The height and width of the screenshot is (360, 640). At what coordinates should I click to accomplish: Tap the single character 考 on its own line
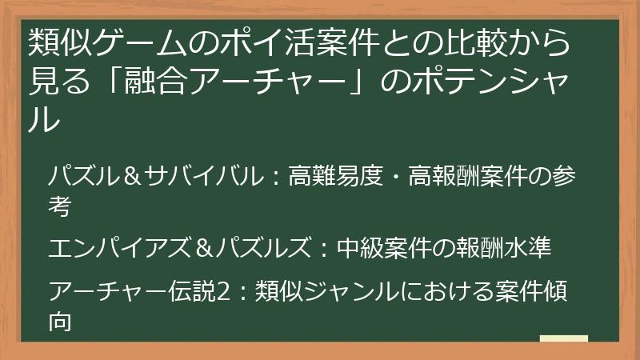coord(62,207)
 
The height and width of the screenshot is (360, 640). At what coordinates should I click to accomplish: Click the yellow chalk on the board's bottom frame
coord(564,338)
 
